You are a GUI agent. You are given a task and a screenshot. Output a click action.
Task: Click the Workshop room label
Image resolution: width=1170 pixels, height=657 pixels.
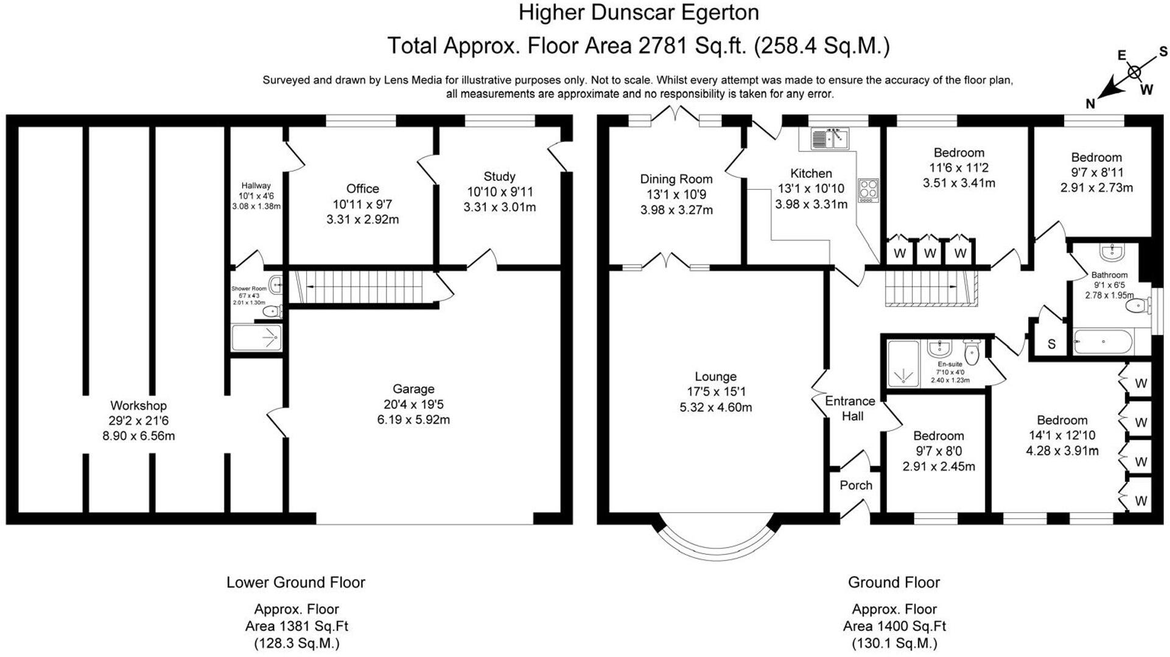[x=138, y=405]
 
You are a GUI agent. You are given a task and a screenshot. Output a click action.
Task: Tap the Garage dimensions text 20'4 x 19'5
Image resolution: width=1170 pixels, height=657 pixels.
[x=413, y=404]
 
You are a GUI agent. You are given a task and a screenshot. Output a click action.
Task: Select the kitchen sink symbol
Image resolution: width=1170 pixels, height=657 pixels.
[x=829, y=139]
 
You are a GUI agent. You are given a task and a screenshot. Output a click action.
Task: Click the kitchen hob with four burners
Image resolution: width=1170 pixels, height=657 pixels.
[x=869, y=190]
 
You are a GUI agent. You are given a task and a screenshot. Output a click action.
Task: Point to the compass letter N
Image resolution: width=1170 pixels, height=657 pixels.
[x=1090, y=104]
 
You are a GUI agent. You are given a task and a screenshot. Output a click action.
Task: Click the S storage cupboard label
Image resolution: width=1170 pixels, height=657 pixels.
[x=1051, y=344]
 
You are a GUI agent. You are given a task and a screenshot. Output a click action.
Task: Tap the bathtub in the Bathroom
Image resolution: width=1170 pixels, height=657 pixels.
[x=1103, y=342]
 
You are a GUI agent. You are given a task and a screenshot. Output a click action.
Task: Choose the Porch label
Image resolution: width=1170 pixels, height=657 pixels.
[x=855, y=485]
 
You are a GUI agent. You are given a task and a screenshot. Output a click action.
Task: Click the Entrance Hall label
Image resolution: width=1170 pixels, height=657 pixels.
[x=850, y=408]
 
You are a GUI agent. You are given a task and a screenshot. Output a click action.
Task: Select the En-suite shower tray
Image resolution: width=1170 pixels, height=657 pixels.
[x=903, y=364]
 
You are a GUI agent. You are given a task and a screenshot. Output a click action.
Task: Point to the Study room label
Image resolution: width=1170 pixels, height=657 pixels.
[x=499, y=176]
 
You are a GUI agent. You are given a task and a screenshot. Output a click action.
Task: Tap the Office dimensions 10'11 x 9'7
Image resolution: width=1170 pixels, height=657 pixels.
[x=362, y=204]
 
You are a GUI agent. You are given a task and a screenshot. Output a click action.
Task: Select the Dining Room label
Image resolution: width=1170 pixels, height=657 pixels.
[x=676, y=179]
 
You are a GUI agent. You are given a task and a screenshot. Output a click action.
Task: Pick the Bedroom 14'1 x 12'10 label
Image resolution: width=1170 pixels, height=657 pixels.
[x=1062, y=420]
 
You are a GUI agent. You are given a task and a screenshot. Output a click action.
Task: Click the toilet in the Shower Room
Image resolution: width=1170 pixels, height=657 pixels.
[x=271, y=311]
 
